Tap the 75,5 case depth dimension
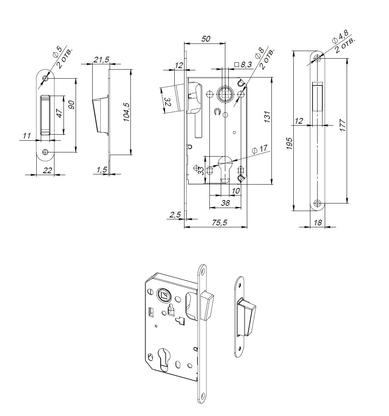pos(219,223)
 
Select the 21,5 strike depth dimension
pos(101,59)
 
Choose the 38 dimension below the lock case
pos(225,203)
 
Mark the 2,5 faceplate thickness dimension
pos(175,214)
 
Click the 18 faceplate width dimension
pos(318,223)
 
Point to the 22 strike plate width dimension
pos(47,170)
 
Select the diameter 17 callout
pos(262,149)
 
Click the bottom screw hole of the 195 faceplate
pos(318,203)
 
